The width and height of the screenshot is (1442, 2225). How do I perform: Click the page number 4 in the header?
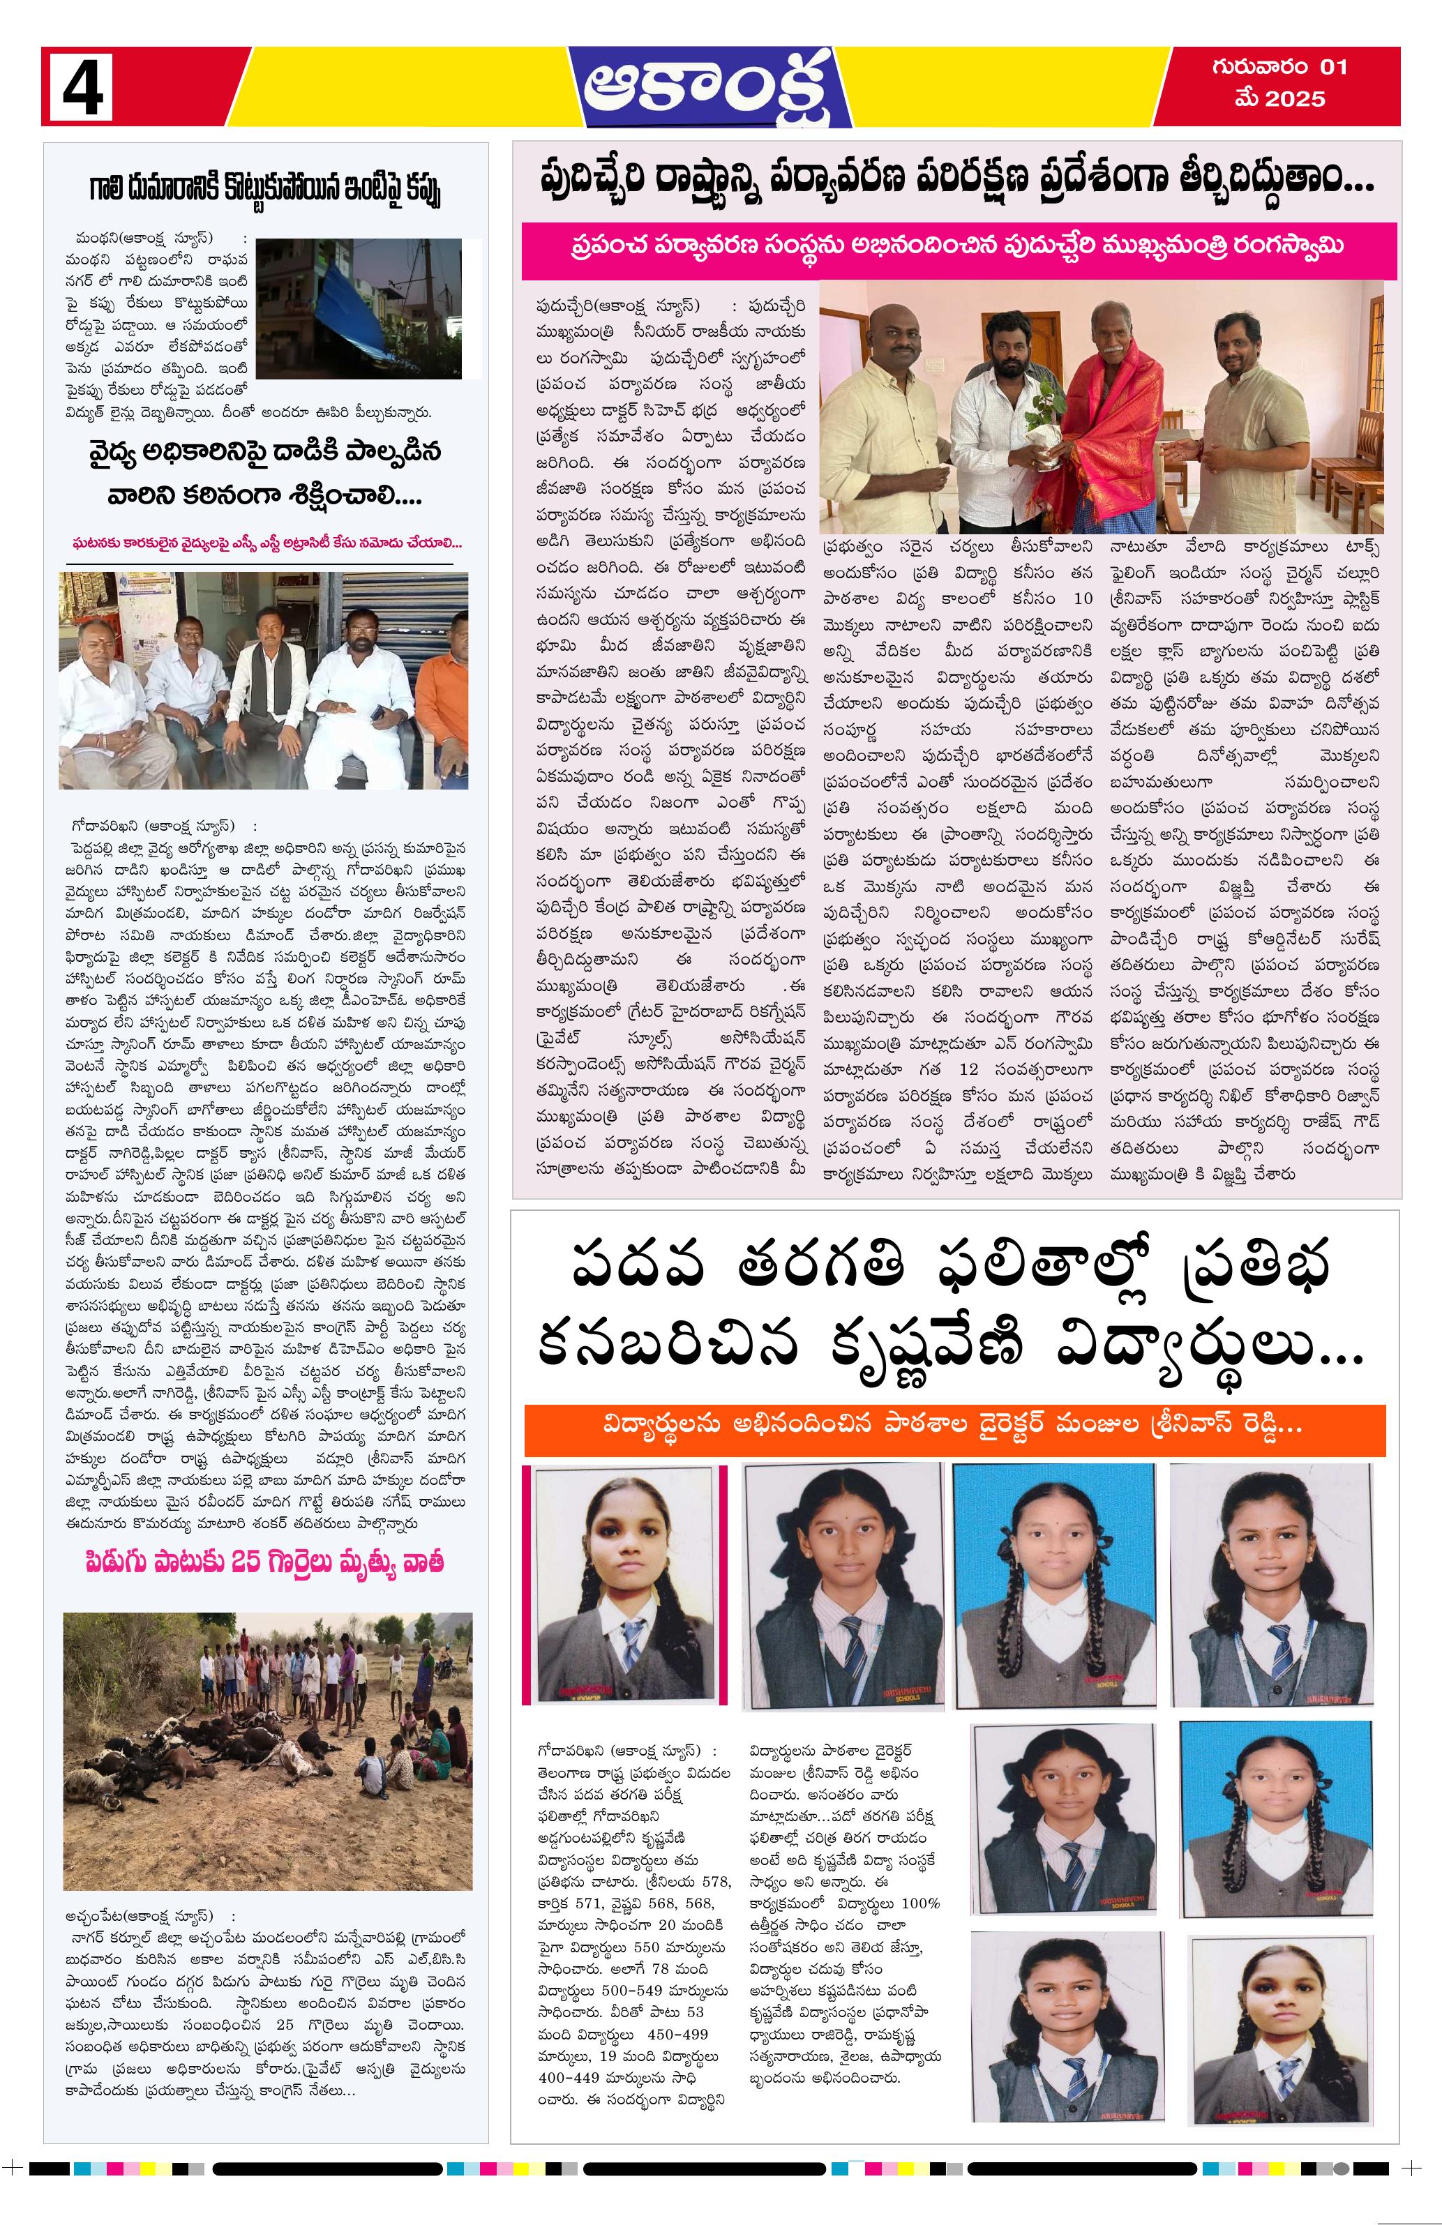tap(82, 86)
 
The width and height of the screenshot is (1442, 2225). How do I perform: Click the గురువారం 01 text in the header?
tap(1278, 68)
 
